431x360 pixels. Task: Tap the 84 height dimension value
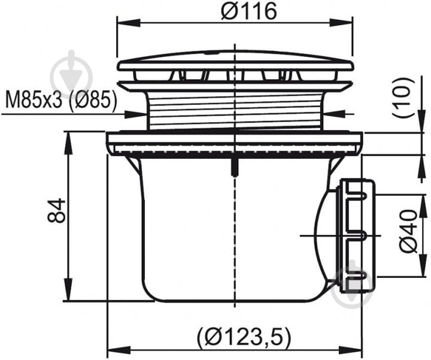coord(56,210)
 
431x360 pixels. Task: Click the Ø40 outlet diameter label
coord(408,231)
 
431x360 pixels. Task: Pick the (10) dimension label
coord(403,98)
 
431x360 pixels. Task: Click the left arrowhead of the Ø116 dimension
coord(129,22)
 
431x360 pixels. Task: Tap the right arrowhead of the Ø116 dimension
coord(341,22)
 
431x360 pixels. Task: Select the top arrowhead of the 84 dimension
coord(68,143)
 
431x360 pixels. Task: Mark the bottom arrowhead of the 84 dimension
coord(68,290)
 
